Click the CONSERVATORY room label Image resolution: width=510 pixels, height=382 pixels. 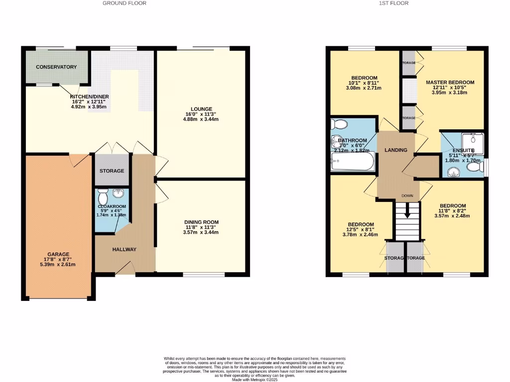[x=56, y=67]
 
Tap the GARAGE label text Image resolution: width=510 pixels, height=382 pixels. [x=59, y=254]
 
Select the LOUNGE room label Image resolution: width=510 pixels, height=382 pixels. [x=201, y=109]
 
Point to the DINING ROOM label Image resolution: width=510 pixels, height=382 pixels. [x=201, y=222]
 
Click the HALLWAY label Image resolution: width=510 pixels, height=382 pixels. [x=124, y=249]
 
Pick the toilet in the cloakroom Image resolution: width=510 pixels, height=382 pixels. [x=103, y=193]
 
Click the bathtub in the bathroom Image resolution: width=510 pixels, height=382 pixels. [x=353, y=162]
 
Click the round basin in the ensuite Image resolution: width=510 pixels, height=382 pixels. [x=453, y=172]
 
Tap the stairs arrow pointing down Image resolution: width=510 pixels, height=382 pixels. [x=407, y=211]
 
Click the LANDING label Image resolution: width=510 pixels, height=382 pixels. [x=396, y=150]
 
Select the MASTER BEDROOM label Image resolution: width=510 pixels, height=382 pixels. [x=450, y=82]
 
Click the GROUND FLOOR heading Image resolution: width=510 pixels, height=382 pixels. [x=125, y=3]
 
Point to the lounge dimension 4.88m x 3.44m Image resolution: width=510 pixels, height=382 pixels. [x=201, y=119]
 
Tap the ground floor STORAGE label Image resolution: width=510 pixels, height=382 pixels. [x=112, y=171]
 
